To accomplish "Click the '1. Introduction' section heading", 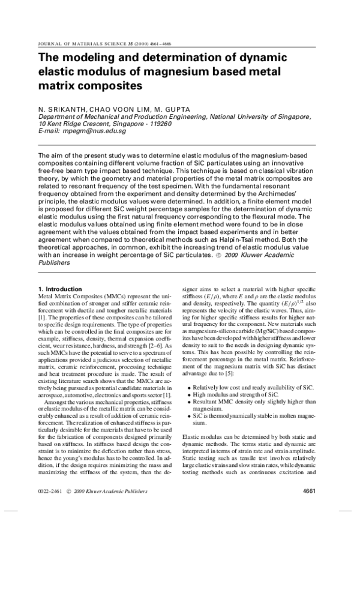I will pos(60,289).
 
